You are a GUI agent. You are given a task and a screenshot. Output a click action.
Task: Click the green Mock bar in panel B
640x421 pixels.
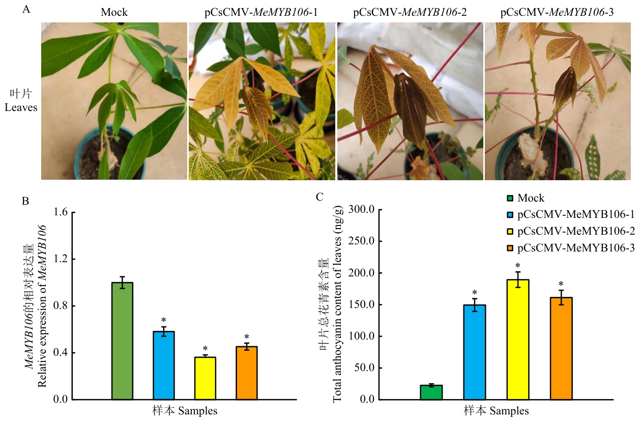click(x=122, y=341)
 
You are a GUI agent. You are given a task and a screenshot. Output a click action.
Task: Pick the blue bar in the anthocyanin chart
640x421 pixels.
click(x=474, y=352)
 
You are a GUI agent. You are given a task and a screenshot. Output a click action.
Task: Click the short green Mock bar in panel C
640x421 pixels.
click(x=431, y=392)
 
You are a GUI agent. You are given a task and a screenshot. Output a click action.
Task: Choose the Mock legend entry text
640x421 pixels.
click(x=531, y=199)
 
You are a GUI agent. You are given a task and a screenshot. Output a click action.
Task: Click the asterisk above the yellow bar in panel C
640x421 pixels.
click(x=517, y=266)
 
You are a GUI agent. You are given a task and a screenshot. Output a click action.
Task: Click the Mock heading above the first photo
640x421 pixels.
click(x=114, y=12)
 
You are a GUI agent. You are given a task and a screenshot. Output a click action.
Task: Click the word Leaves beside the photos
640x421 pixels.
click(x=21, y=107)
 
